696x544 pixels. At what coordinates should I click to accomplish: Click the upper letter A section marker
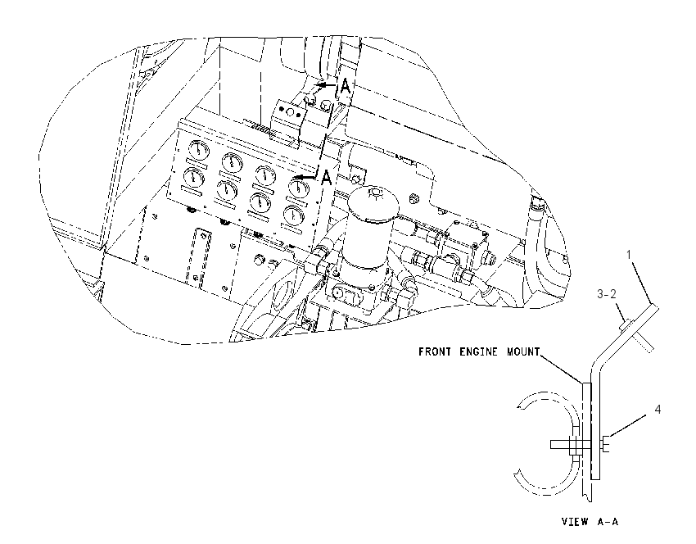pyautogui.click(x=345, y=86)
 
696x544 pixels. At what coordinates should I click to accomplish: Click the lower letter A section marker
pyautogui.click(x=326, y=178)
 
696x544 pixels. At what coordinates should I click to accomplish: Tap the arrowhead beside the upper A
pyautogui.click(x=320, y=84)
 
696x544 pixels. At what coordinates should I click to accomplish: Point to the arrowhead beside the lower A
pyautogui.click(x=300, y=177)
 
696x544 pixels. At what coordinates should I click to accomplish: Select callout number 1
pyautogui.click(x=629, y=255)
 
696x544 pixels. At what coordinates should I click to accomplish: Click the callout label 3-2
pyautogui.click(x=606, y=294)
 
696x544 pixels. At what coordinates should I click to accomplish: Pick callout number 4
pyautogui.click(x=658, y=410)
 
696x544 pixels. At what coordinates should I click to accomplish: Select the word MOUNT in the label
pyautogui.click(x=523, y=351)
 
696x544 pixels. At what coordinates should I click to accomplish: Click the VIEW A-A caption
pyautogui.click(x=590, y=521)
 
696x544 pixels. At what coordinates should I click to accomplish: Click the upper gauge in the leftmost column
pyautogui.click(x=198, y=150)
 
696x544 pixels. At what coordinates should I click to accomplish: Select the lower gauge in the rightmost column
pyautogui.click(x=293, y=215)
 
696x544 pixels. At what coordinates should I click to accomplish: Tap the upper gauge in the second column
pyautogui.click(x=233, y=163)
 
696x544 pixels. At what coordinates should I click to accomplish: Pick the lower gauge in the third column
pyautogui.click(x=260, y=203)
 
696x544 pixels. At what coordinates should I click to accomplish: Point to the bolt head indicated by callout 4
pyautogui.click(x=606, y=445)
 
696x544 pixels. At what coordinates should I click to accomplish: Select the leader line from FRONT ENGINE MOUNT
pyautogui.click(x=561, y=368)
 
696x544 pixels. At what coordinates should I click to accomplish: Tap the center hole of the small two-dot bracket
pyautogui.click(x=289, y=111)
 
